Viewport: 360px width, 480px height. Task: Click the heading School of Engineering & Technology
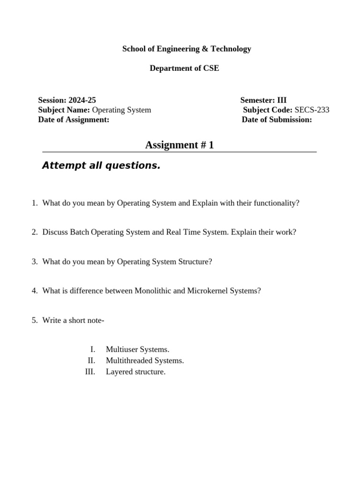pyautogui.click(x=187, y=49)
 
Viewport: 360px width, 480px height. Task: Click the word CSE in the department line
pyautogui.click(x=210, y=68)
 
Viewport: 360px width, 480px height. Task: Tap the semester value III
pyautogui.click(x=282, y=100)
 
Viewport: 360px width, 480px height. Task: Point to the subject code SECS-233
pyautogui.click(x=312, y=110)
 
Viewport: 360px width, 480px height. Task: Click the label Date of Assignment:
pyautogui.click(x=74, y=120)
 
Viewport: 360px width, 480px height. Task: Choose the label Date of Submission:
pyautogui.click(x=277, y=120)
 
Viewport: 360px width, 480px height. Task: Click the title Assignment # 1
pyautogui.click(x=180, y=145)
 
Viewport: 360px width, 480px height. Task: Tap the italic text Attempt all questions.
pyautogui.click(x=101, y=165)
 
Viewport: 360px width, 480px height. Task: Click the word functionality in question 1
pyautogui.click(x=276, y=203)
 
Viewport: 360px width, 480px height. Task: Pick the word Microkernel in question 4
pyautogui.click(x=207, y=291)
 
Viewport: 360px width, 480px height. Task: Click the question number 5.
pyautogui.click(x=34, y=320)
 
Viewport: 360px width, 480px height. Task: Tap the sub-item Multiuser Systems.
pyautogui.click(x=137, y=349)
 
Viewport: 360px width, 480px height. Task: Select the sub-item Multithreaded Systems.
pyautogui.click(x=145, y=360)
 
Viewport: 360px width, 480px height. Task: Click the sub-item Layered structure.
pyautogui.click(x=135, y=372)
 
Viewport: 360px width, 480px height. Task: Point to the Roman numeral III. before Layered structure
pyautogui.click(x=90, y=372)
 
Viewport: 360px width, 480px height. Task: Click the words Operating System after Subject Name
pyautogui.click(x=121, y=110)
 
